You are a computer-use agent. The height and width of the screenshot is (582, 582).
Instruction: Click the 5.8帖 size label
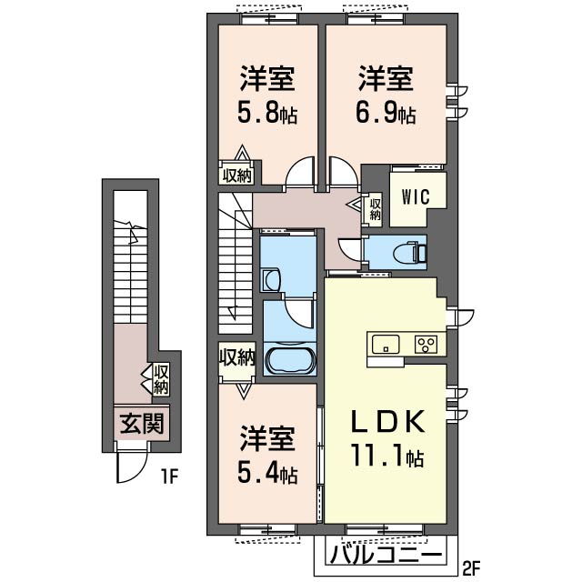[x=267, y=115]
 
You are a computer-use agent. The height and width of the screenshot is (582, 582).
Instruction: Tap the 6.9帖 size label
[x=386, y=115]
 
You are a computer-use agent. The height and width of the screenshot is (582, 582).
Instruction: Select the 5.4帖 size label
[x=267, y=474]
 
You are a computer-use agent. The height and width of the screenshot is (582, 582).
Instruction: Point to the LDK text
[x=387, y=423]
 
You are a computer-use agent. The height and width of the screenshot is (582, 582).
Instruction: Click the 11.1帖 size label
[x=387, y=457]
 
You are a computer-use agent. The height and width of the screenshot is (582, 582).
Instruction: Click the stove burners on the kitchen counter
[x=426, y=344]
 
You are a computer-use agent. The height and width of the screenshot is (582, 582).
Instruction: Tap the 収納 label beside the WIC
[x=375, y=209]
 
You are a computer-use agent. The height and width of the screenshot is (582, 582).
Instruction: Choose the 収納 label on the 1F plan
[x=160, y=379]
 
